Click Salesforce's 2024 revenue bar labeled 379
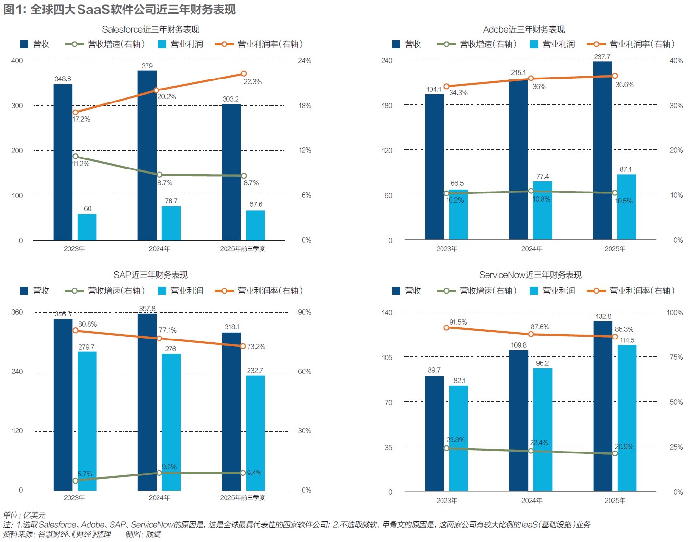(147, 156)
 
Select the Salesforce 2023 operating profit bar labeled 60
(87, 227)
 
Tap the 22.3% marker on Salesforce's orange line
(244, 74)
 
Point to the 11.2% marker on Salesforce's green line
(75, 156)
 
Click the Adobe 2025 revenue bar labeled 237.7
(602, 150)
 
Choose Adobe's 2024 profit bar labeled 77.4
(543, 210)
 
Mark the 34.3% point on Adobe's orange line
(447, 87)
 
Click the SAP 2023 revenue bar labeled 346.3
(63, 405)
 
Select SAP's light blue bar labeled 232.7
(256, 433)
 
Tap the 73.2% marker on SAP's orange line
(244, 346)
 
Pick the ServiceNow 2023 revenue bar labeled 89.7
(434, 433)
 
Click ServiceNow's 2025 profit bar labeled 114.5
(627, 418)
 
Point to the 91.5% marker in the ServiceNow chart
(447, 327)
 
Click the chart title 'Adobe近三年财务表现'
(524, 30)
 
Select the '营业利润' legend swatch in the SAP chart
(162, 291)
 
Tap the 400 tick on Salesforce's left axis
(17, 61)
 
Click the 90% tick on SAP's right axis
(305, 312)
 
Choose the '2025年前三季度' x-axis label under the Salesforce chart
(242, 249)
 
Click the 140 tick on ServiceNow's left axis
(387, 313)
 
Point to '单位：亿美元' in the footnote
(24, 515)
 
